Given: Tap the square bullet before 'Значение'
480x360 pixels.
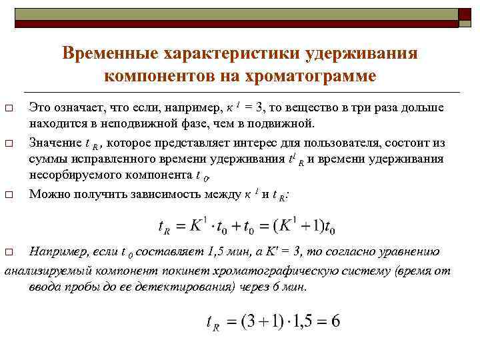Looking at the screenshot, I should (9, 143).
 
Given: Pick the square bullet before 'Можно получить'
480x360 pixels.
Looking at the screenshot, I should (9, 195).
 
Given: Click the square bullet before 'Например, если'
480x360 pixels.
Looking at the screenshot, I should (9, 253).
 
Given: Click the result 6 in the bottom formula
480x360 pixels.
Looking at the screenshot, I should (335, 321).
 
